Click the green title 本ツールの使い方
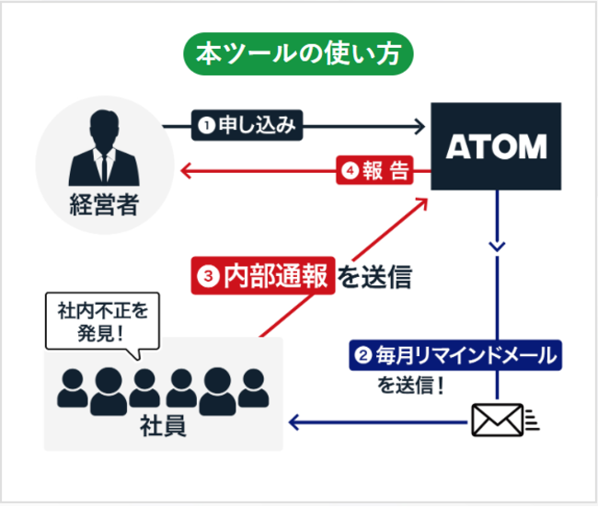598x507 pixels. tap(299, 54)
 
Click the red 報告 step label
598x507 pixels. tap(374, 171)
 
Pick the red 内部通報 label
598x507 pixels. tap(262, 275)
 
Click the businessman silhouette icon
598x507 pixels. tap(103, 152)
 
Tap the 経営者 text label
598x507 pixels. tap(103, 203)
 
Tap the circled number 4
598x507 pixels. tap(350, 171)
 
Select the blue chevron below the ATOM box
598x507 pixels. tap(497, 247)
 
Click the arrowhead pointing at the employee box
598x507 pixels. tap(294, 421)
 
